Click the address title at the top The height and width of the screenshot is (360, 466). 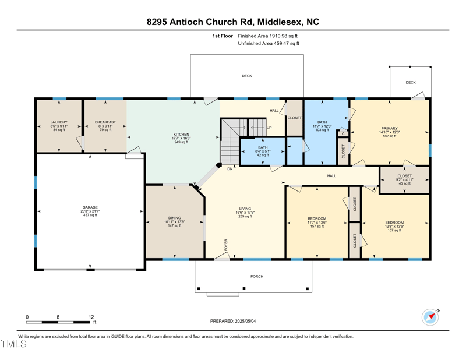233,22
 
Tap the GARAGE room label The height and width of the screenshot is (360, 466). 90,207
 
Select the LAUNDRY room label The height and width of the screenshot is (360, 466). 59,122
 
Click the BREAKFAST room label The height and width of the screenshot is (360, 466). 105,122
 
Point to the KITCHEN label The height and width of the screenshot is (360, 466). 181,135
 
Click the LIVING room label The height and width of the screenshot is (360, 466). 245,209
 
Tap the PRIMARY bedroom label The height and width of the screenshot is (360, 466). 389,128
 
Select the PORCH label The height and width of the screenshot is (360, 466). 256,276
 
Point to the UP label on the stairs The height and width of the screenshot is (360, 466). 269,128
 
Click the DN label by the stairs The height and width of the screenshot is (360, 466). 230,169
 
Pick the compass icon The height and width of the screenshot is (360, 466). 430,317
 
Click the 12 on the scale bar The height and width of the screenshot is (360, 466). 91,317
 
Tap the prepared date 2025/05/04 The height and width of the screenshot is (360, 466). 233,321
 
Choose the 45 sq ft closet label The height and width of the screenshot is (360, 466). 404,179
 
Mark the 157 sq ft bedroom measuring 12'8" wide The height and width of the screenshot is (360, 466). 394,226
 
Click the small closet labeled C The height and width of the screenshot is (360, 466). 343,133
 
